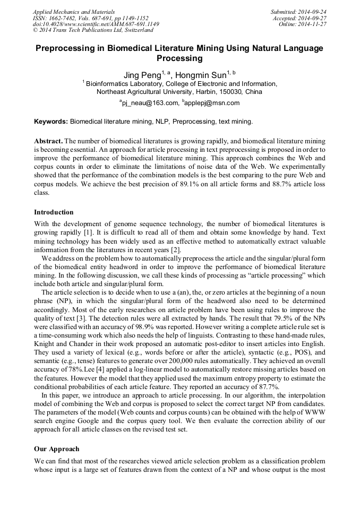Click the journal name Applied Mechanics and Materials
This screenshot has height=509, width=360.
point(73,11)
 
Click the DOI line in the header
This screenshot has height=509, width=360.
point(96,24)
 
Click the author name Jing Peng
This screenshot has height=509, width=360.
point(141,74)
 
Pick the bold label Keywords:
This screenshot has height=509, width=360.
point(51,122)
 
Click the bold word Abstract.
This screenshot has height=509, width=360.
point(48,142)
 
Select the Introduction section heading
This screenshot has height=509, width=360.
point(54,212)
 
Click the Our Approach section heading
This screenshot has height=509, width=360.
point(56,448)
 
